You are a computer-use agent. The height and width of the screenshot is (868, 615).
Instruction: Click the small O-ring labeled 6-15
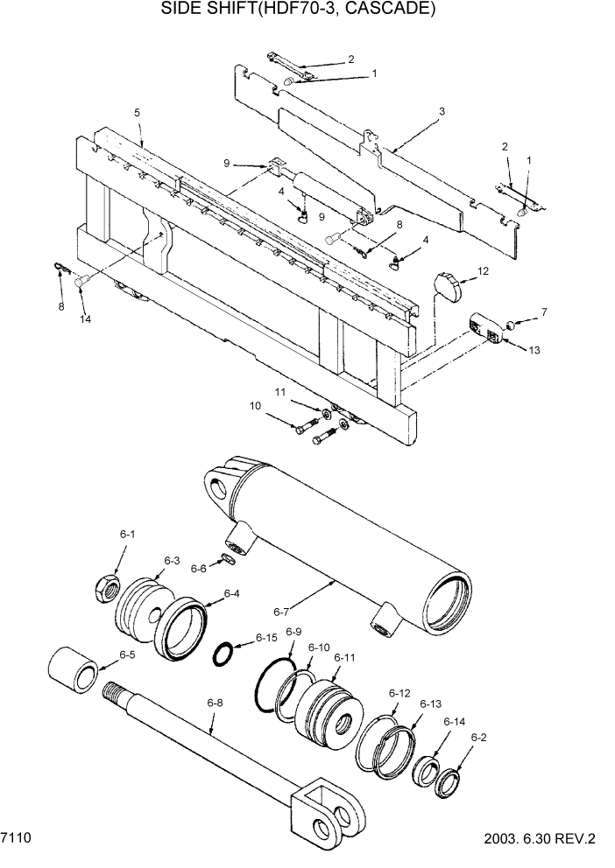pyautogui.click(x=226, y=653)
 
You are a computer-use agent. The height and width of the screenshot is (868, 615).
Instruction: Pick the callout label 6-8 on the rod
pyautogui.click(x=215, y=702)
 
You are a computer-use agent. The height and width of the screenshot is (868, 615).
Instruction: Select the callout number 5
pyautogui.click(x=137, y=113)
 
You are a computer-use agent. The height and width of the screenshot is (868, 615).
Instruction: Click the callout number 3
pyautogui.click(x=442, y=111)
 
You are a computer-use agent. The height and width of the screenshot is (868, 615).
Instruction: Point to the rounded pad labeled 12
pyautogui.click(x=449, y=286)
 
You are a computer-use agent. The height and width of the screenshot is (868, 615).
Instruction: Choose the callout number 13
pyautogui.click(x=534, y=350)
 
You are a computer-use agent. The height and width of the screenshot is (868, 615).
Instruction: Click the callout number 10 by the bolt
pyautogui.click(x=255, y=405)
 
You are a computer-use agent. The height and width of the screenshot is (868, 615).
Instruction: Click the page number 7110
pyautogui.click(x=17, y=838)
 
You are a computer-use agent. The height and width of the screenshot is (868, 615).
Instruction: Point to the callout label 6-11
pyautogui.click(x=344, y=657)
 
